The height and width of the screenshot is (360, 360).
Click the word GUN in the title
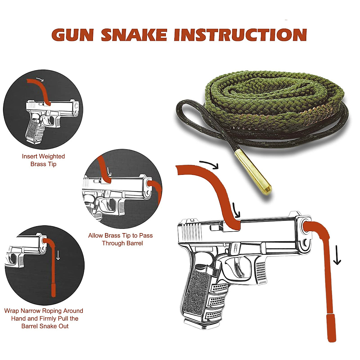click(x=73, y=35)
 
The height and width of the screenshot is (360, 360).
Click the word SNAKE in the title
click(x=134, y=35)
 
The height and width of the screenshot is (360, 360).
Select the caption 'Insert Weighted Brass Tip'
click(x=43, y=160)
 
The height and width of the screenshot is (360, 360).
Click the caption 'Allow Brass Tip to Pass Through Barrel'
click(x=121, y=239)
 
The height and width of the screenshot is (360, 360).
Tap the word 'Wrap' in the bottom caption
click(x=12, y=311)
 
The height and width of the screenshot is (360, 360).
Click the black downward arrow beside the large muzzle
click(x=337, y=255)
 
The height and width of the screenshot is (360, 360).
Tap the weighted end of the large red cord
click(x=332, y=327)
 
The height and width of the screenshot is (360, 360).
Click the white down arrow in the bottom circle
click(x=58, y=255)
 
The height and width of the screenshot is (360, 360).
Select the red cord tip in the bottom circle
click(x=54, y=289)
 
